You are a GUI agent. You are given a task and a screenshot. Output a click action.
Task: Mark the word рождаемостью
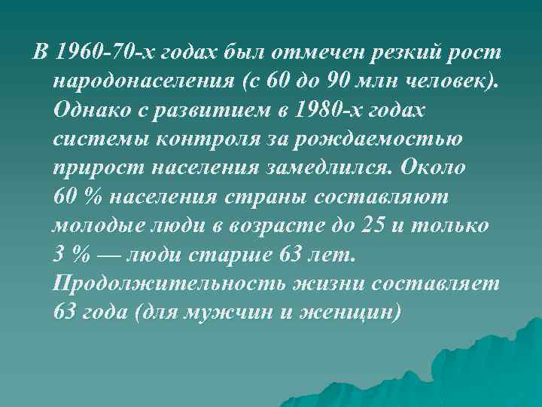tap(379, 138)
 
